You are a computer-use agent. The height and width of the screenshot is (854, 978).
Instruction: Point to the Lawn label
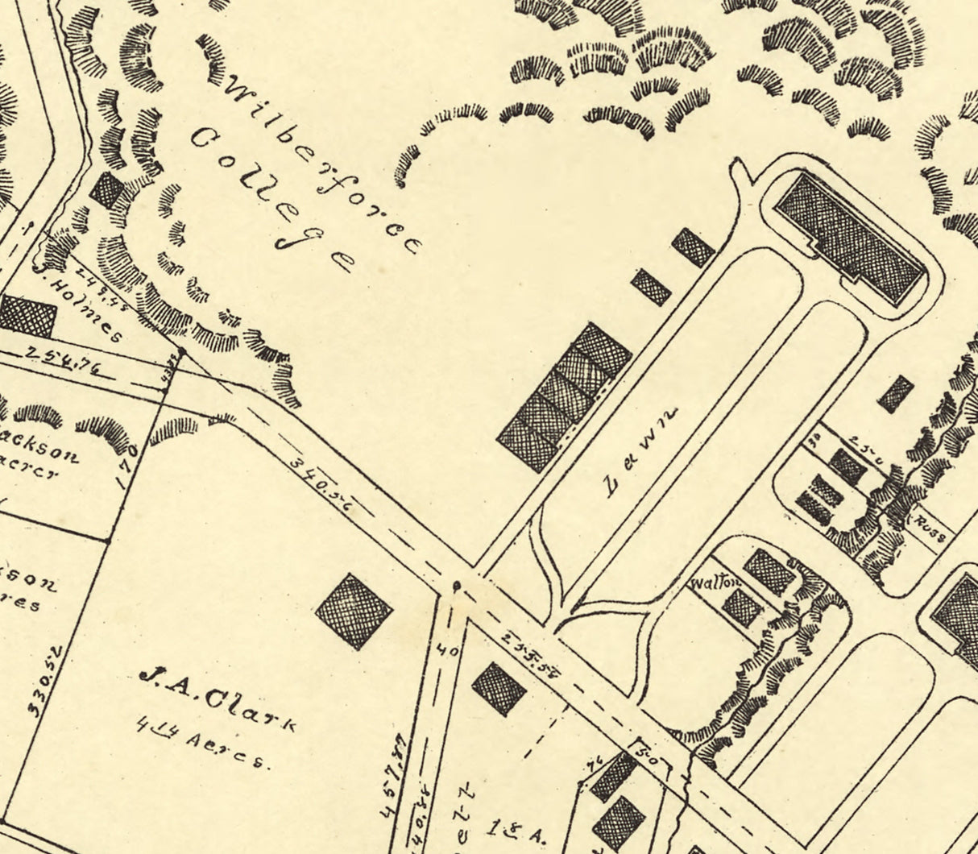pos(640,451)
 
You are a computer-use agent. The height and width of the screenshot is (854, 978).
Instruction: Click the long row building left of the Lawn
pos(565,396)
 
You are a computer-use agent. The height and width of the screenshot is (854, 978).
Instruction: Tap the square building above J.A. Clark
pos(354,611)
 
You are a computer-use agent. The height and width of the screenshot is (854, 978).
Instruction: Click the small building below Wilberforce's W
pos(106,191)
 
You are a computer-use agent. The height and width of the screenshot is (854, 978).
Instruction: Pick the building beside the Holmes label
pos(27,315)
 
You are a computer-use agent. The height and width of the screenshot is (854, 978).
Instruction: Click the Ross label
pos(934,531)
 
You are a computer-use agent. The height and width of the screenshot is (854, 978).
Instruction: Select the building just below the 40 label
pos(499,689)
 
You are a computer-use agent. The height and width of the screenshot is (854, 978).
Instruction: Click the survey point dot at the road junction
pos(457,586)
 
